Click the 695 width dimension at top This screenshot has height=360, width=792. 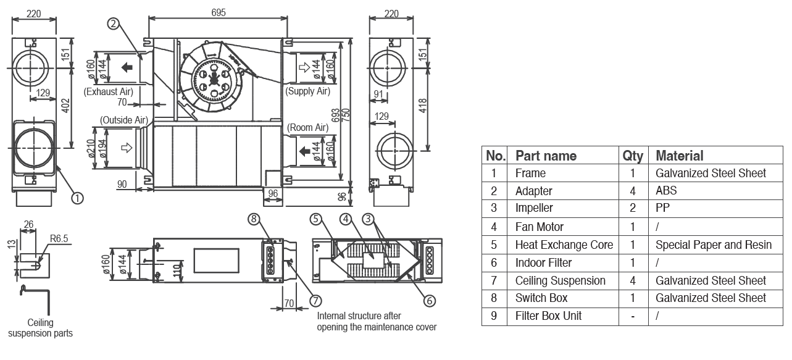click(x=219, y=12)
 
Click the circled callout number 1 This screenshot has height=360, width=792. click(x=77, y=198)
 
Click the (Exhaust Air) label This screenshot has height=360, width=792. click(x=109, y=91)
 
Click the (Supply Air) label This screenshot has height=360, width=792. click(x=307, y=91)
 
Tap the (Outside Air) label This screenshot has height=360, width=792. click(x=123, y=120)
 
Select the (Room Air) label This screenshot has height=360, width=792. click(x=307, y=128)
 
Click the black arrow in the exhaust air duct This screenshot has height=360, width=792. click(x=127, y=67)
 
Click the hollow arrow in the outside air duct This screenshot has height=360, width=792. click(x=127, y=148)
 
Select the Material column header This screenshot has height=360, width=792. click(x=679, y=156)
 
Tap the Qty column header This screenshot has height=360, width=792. click(x=633, y=156)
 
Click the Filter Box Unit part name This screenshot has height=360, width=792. click(x=548, y=316)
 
